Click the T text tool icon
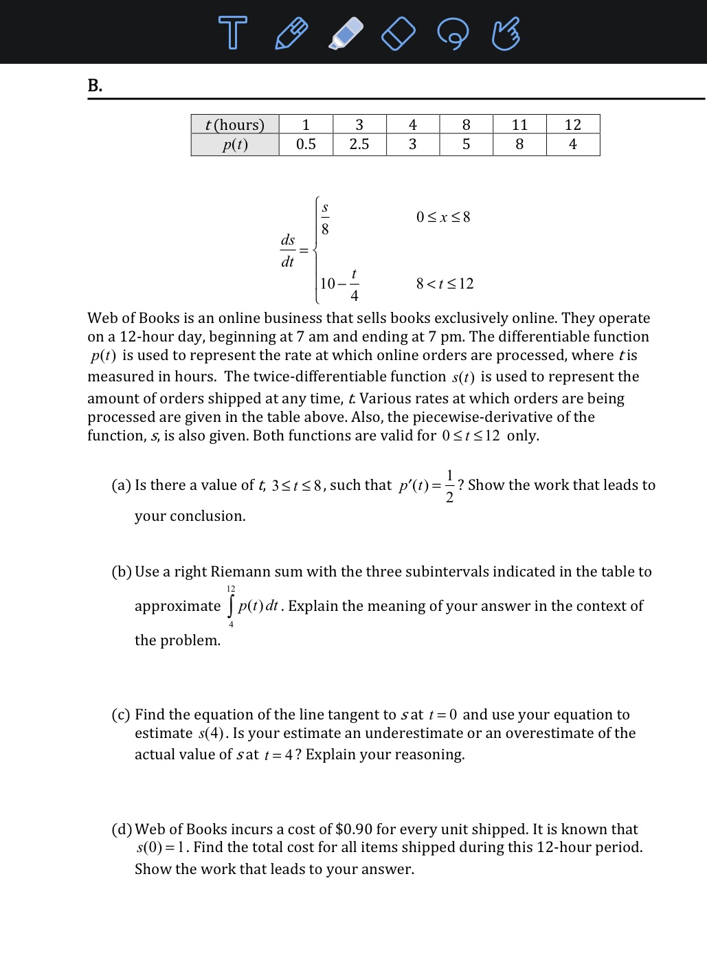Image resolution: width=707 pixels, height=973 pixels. [232, 33]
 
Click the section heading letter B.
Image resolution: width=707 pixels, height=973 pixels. [95, 85]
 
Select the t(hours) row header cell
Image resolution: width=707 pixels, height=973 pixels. [235, 124]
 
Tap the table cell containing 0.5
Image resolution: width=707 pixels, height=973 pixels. [306, 144]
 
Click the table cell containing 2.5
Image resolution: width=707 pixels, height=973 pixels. [359, 144]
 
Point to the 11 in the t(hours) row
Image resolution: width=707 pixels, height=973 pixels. [519, 124]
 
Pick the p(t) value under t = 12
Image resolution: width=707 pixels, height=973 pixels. [573, 144]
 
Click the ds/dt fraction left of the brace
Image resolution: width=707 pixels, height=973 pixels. [288, 251]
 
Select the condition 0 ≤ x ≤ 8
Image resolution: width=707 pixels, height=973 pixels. [443, 217]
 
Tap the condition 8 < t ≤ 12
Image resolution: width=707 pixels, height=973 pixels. [445, 284]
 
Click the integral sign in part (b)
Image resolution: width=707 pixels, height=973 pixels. [231, 606]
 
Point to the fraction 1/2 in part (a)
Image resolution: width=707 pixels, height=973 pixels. [449, 486]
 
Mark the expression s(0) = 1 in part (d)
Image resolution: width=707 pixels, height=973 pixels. [161, 847]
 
